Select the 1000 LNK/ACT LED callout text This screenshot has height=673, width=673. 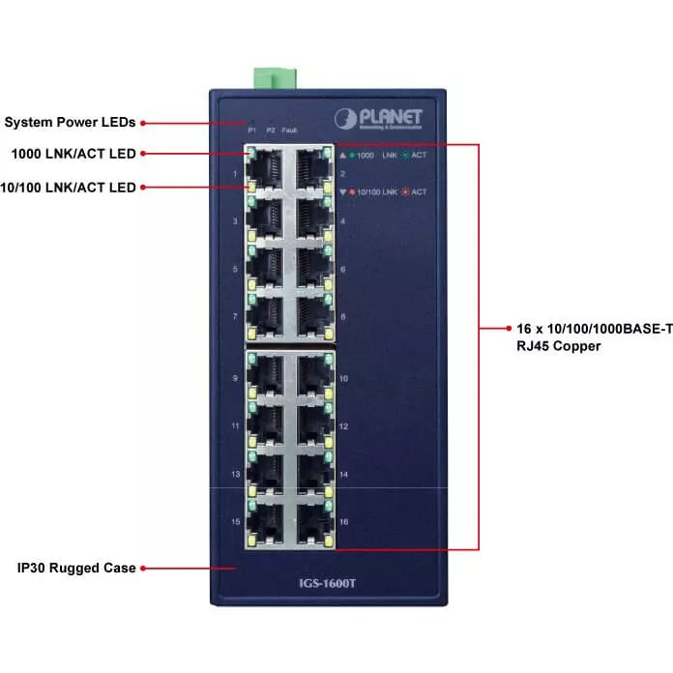(x=73, y=154)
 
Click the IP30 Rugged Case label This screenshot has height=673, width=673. (x=70, y=568)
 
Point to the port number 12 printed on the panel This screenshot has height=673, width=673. (x=343, y=426)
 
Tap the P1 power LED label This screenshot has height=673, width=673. (x=251, y=130)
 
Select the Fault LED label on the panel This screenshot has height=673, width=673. (x=289, y=130)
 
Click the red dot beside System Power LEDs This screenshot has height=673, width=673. (x=144, y=123)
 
